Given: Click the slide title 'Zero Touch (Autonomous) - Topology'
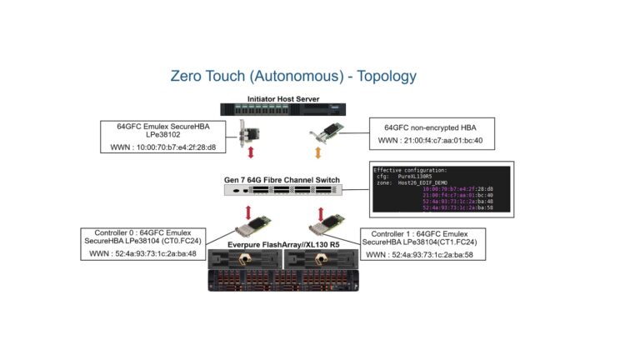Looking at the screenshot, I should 292,77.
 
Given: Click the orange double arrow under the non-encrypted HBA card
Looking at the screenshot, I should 316,152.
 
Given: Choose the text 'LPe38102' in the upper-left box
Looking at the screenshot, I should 163,135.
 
